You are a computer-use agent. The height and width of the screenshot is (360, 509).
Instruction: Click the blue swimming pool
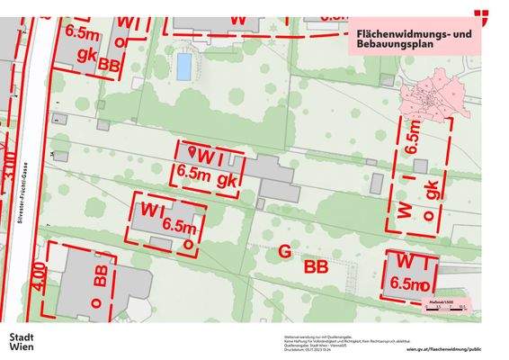tap(184, 66)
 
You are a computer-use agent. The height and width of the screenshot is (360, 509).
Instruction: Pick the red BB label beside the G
tap(316, 267)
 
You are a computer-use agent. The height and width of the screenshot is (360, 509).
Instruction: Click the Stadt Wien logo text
tap(22, 341)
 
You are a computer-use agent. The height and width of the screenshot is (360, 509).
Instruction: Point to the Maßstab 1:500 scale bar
tap(443, 302)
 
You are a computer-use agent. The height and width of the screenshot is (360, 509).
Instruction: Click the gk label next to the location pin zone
tap(229, 178)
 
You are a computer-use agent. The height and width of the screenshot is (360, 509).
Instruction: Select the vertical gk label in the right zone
tap(433, 191)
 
